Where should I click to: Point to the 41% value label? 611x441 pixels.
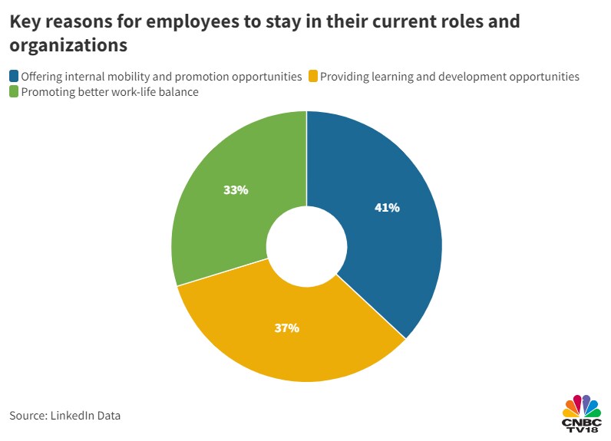tap(387, 207)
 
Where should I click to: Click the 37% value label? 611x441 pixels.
tap(286, 328)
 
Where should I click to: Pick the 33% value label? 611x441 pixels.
tap(236, 189)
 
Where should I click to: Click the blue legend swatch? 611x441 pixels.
tap(14, 77)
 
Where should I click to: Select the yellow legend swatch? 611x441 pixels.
tap(312, 77)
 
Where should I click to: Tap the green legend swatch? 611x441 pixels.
tap(14, 93)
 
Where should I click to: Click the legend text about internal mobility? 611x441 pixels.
tap(161, 77)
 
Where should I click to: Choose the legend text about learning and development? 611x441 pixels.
tap(449, 77)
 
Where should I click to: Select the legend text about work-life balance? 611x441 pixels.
tap(110, 93)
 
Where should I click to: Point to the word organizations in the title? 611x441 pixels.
tap(68, 46)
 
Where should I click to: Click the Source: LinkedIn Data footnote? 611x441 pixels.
tap(65, 416)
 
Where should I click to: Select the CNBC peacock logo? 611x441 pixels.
tap(582, 406)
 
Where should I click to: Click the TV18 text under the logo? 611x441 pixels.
tap(583, 432)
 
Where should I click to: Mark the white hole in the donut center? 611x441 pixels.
tap(306, 245)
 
